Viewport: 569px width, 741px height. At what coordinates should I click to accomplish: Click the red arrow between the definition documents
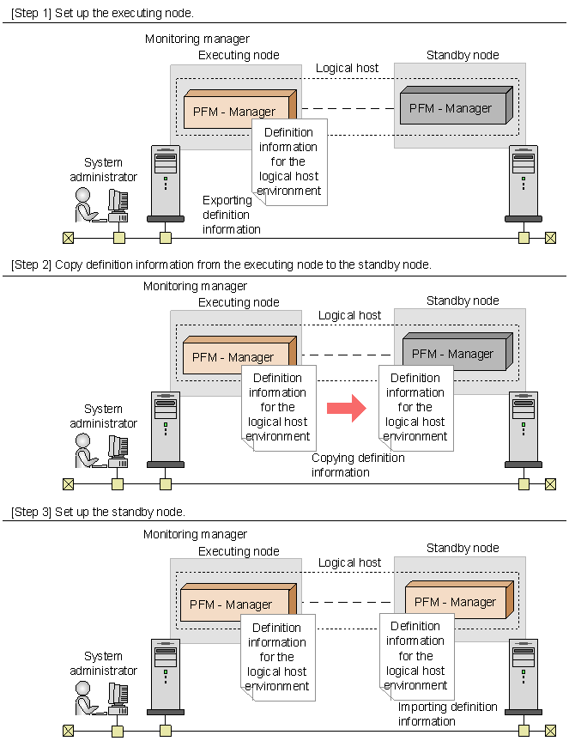(346, 408)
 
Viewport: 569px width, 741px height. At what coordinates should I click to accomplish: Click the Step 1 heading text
(102, 13)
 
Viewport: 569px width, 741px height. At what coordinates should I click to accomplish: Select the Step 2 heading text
(221, 264)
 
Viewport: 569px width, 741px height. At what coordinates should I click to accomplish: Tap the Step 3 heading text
(98, 512)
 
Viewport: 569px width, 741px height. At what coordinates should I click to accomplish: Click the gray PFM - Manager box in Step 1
(457, 106)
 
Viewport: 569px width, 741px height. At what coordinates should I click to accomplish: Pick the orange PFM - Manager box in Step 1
(240, 110)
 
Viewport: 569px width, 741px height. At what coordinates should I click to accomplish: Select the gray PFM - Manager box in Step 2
(457, 351)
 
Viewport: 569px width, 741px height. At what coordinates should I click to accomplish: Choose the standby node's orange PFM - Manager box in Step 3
(459, 599)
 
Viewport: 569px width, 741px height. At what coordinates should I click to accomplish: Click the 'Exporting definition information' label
(232, 215)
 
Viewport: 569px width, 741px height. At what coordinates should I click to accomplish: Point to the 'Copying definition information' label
(358, 465)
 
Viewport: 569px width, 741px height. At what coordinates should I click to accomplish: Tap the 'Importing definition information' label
(447, 714)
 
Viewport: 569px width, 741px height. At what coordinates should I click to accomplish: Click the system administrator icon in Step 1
(101, 204)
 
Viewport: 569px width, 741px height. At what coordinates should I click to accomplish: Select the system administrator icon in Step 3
(101, 698)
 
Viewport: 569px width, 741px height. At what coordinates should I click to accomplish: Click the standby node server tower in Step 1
(524, 184)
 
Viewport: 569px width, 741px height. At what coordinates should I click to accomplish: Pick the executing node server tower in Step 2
(166, 429)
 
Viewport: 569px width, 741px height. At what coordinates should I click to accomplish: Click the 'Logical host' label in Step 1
(347, 68)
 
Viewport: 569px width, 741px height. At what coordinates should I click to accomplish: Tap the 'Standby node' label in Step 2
(463, 301)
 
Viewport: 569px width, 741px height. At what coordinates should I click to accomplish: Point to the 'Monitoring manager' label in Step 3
(195, 534)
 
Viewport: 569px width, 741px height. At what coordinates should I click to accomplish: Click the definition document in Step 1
(289, 162)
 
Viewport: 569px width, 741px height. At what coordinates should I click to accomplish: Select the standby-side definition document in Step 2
(416, 408)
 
